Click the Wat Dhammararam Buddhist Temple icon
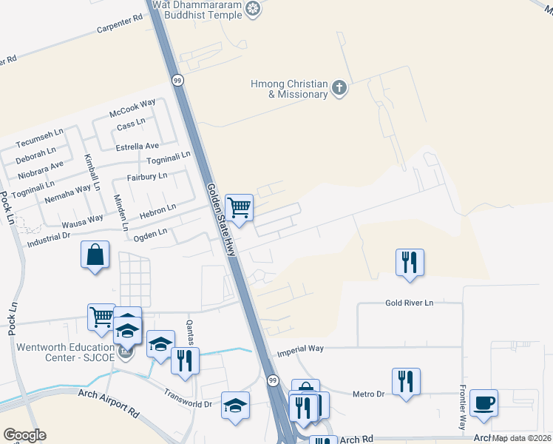point(254,9)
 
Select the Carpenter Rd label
point(119,25)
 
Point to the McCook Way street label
point(132,107)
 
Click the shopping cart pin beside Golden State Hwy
point(239,208)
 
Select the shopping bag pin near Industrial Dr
point(95,255)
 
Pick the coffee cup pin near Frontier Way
point(484,403)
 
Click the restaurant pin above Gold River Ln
point(410,262)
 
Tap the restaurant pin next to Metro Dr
point(406,382)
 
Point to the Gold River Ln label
point(409,303)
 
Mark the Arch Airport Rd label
point(108,408)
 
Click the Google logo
point(24,434)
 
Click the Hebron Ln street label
point(158,211)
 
